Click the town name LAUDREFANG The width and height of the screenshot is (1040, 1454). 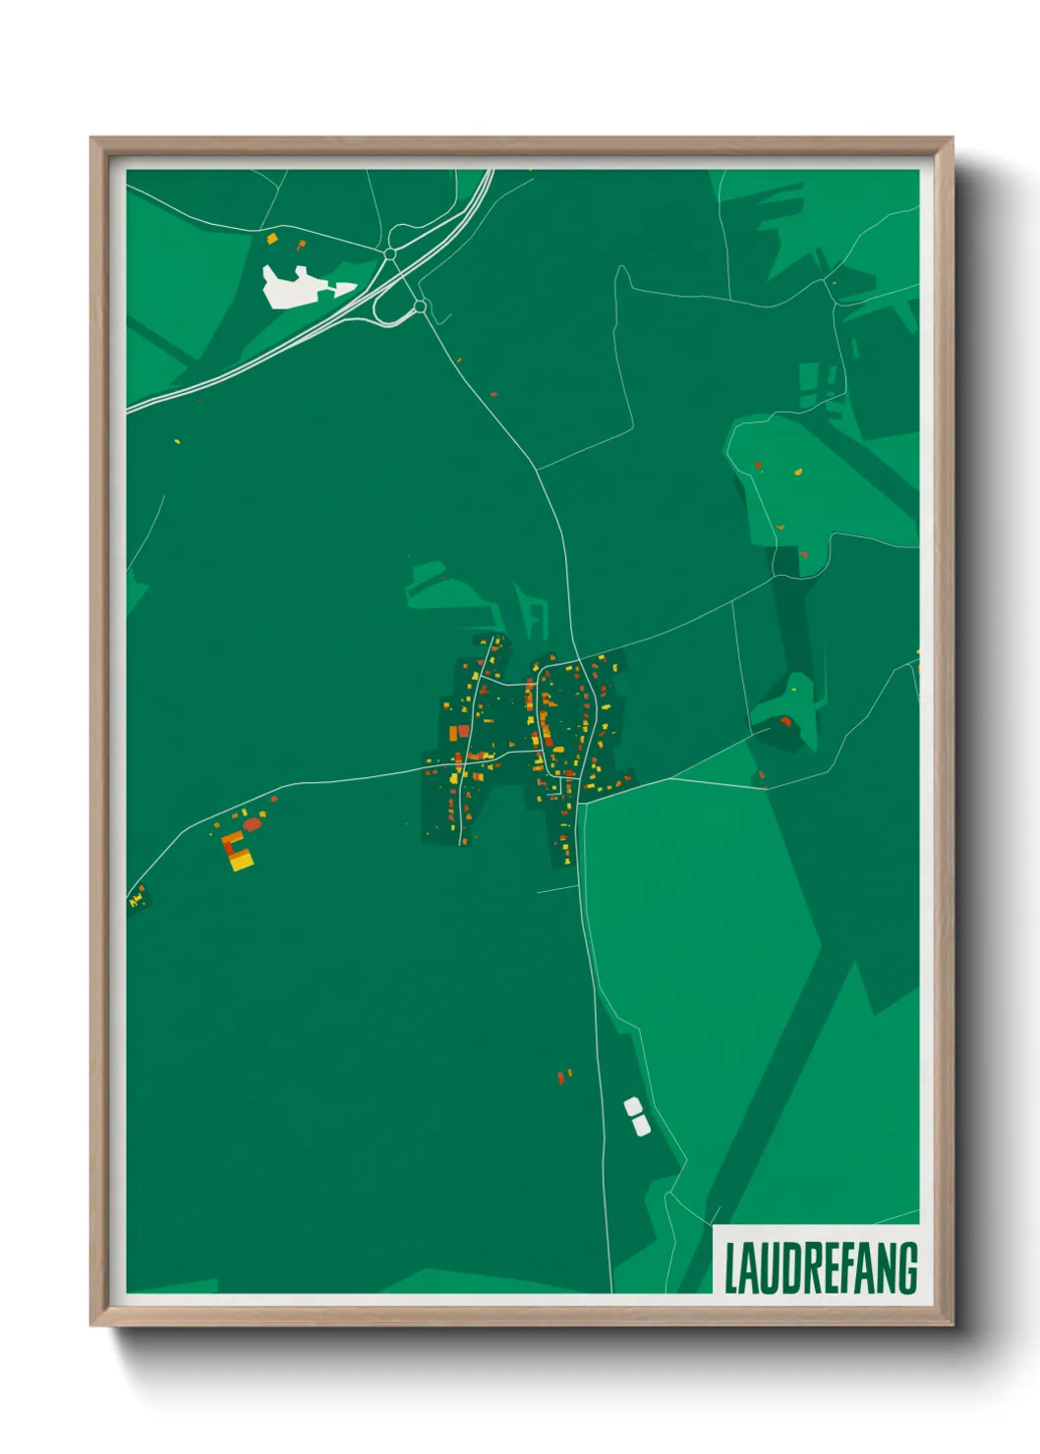(820, 1267)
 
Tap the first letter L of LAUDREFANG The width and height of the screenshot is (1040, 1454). (731, 1268)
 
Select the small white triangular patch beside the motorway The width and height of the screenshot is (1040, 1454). (344, 288)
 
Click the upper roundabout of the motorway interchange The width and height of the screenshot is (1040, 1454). (390, 254)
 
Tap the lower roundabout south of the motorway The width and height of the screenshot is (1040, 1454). (421, 307)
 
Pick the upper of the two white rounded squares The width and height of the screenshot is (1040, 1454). (633, 1107)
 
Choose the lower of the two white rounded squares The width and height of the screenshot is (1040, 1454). (640, 1125)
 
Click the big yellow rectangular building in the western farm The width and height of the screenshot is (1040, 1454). (240, 861)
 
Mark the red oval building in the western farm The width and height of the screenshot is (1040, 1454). (251, 824)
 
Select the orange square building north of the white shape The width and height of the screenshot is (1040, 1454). (272, 238)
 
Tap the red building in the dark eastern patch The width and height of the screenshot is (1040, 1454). (785, 722)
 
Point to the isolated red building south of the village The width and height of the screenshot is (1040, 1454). (561, 1078)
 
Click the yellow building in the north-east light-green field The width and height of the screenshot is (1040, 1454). (798, 472)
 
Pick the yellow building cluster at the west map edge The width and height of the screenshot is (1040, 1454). (136, 898)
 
